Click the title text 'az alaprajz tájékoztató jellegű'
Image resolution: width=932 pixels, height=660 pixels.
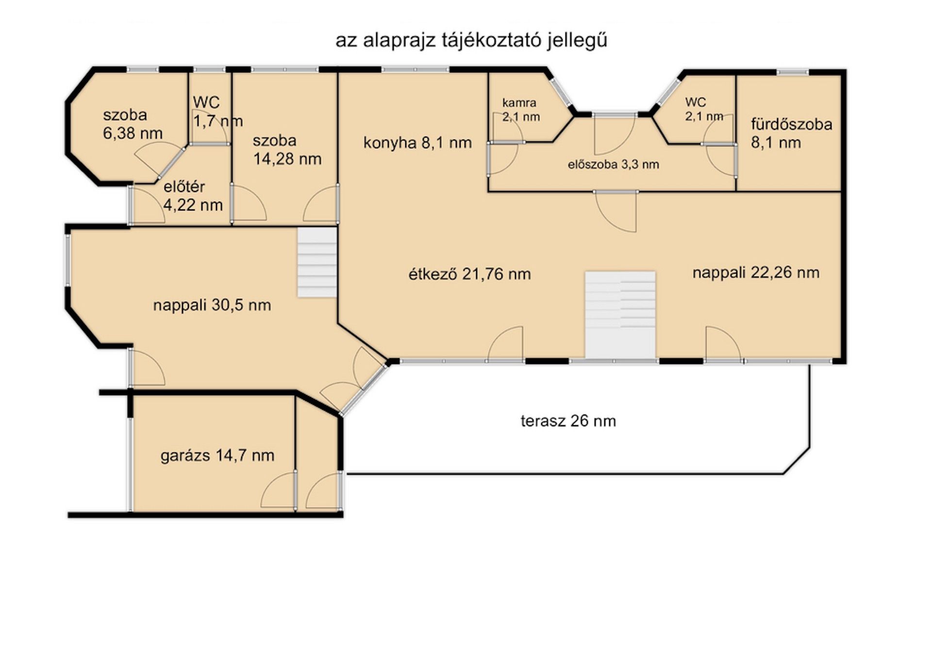pyautogui.click(x=471, y=40)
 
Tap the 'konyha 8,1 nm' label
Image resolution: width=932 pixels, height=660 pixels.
pyautogui.click(x=417, y=143)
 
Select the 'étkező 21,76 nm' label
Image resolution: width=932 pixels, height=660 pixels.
pyautogui.click(x=469, y=274)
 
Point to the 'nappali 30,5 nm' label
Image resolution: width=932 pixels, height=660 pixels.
pyautogui.click(x=212, y=305)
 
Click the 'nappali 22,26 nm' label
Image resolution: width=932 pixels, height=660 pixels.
pyautogui.click(x=756, y=273)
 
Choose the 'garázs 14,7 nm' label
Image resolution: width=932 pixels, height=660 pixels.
pyautogui.click(x=217, y=455)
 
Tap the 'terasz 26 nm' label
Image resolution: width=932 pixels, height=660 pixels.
pyautogui.click(x=568, y=421)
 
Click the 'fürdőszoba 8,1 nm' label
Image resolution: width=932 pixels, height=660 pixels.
pyautogui.click(x=792, y=133)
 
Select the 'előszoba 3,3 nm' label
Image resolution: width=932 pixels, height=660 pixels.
pyautogui.click(x=614, y=165)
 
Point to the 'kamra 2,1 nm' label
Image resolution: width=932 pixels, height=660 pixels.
pyautogui.click(x=521, y=110)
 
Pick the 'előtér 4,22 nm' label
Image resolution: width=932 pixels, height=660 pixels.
pyautogui.click(x=193, y=196)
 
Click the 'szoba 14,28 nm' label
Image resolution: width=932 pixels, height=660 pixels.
pyautogui.click(x=287, y=150)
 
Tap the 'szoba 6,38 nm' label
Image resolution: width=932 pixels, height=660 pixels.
pyautogui.click(x=133, y=124)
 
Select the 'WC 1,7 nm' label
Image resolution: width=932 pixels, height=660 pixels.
pyautogui.click(x=217, y=112)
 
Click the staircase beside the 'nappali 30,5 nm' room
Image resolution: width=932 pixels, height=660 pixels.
pyautogui.click(x=317, y=262)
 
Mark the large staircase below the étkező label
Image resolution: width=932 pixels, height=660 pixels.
pyautogui.click(x=620, y=315)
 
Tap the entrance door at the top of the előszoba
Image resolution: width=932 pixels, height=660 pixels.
pyautogui.click(x=615, y=135)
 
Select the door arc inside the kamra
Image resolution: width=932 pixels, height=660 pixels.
pyautogui.click(x=508, y=127)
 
